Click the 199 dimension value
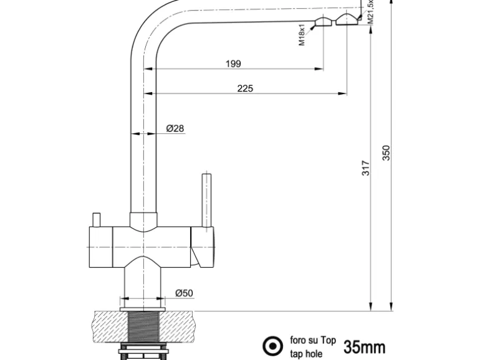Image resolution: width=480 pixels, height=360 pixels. (234, 64)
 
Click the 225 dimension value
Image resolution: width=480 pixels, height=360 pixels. (245, 88)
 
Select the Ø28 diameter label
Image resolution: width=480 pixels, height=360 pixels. (175, 129)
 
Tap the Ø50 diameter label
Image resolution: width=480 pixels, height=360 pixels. (184, 293)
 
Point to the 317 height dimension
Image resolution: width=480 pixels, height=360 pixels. (366, 168)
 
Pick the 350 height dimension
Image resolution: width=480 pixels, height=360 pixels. (386, 153)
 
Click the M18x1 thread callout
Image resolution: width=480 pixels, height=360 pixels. (301, 35)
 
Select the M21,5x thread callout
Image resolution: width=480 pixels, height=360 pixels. (370, 11)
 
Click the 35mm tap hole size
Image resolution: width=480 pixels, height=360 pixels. (364, 347)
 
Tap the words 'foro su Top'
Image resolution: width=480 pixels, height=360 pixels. (313, 341)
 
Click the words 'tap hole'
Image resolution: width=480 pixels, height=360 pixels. (307, 353)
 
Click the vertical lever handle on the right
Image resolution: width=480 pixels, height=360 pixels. (205, 199)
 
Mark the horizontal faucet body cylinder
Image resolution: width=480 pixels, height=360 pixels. (150, 246)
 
